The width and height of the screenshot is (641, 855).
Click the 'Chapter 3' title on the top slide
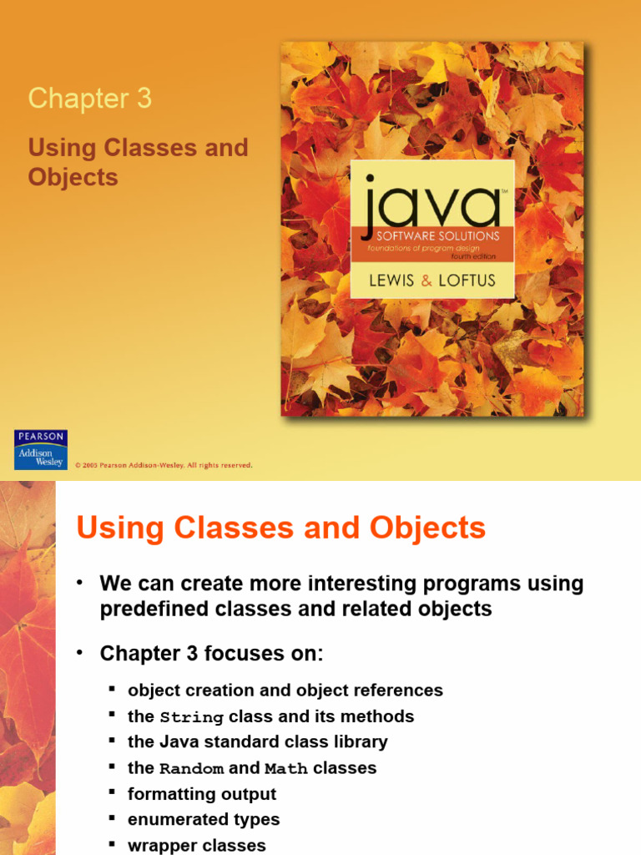coord(90,99)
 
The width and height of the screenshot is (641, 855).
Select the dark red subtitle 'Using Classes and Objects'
coord(138,162)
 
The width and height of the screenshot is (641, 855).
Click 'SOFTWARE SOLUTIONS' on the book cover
coord(431,235)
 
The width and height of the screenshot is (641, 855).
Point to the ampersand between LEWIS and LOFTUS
coord(427,281)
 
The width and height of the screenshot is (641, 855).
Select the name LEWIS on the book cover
coord(391,281)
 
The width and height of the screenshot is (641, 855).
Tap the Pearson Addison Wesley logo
coord(41,450)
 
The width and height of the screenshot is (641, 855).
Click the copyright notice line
coord(164,465)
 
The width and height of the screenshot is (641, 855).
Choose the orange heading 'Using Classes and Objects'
coord(280,529)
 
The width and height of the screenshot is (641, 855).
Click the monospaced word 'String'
coord(191,717)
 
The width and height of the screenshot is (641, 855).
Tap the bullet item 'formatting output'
coord(201,794)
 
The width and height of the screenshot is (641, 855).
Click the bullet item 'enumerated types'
coord(204,820)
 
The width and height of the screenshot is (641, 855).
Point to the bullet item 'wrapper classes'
coord(196,845)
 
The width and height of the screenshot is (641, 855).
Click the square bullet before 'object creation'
coord(111,690)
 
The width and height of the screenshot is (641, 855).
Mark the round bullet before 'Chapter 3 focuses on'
coord(80,654)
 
